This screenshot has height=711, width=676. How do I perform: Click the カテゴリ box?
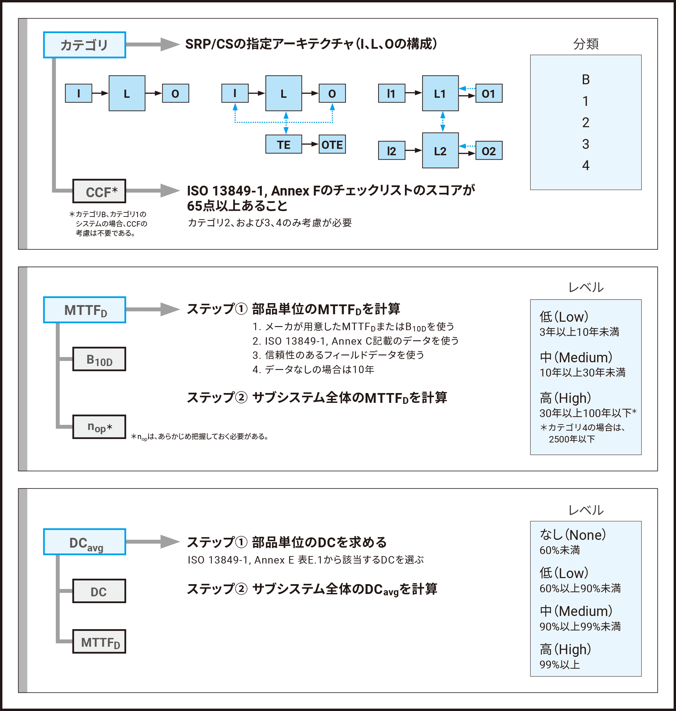(84, 45)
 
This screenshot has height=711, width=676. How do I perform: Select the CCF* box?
(99, 191)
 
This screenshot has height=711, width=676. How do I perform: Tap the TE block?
(284, 144)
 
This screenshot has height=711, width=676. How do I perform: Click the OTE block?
(332, 144)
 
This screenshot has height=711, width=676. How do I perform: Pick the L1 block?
(440, 93)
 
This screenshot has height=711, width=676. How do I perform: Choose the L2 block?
(440, 150)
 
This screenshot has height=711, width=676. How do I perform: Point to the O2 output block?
(489, 151)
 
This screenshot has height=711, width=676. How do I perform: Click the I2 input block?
(391, 151)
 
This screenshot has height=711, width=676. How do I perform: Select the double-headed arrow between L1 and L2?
(442, 121)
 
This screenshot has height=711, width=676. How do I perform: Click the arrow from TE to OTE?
(310, 144)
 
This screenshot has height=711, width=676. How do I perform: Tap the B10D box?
(99, 359)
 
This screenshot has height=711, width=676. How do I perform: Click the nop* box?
(99, 427)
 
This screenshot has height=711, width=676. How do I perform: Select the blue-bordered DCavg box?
(84, 542)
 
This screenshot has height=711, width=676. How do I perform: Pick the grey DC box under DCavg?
(99, 591)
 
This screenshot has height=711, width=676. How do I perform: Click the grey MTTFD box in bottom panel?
(99, 641)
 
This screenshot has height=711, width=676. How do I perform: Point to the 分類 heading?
(585, 44)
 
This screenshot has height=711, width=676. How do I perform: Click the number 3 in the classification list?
(585, 144)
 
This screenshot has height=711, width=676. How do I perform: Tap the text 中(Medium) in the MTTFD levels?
(576, 357)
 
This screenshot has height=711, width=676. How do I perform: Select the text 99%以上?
(559, 664)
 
